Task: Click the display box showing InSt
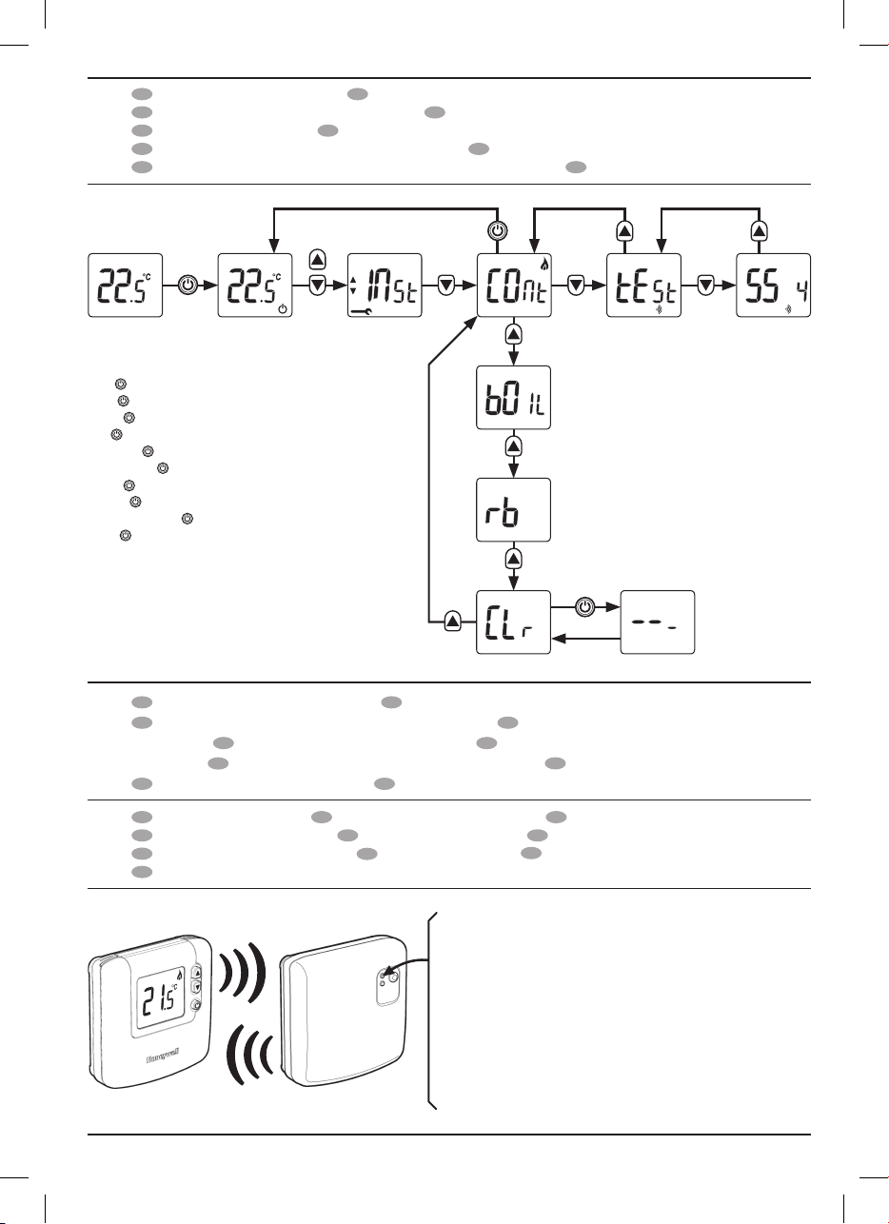click(385, 286)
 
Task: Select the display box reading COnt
click(514, 286)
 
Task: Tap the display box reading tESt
click(643, 286)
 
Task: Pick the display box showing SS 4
click(773, 286)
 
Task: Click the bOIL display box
click(514, 398)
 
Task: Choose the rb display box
click(514, 510)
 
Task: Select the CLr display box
click(514, 622)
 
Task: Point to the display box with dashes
click(658, 622)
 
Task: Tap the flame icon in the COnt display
click(544, 265)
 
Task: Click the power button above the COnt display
click(497, 231)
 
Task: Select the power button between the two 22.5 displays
click(188, 286)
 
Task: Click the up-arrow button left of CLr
click(453, 622)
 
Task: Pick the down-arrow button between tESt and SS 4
click(706, 286)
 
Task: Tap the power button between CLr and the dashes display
click(584, 607)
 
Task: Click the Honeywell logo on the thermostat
click(163, 1057)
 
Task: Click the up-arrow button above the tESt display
click(624, 231)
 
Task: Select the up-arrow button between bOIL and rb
click(514, 446)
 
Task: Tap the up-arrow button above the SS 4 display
click(759, 231)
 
